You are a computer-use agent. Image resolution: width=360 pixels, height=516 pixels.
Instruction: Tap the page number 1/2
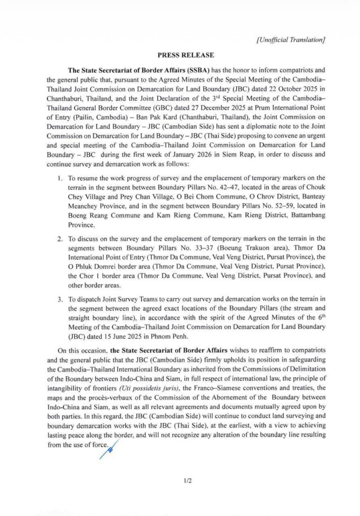click(x=189, y=481)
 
